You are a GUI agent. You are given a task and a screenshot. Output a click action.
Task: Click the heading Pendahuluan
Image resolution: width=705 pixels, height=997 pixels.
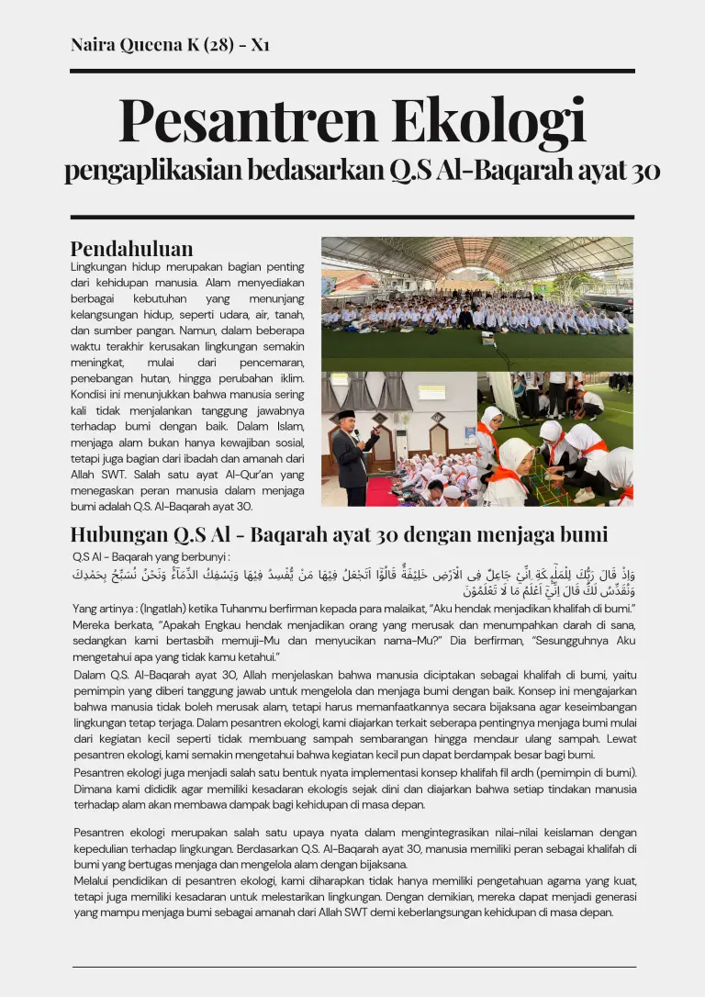(131, 249)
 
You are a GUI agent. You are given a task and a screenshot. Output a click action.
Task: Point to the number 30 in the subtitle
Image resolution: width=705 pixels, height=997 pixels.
(644, 172)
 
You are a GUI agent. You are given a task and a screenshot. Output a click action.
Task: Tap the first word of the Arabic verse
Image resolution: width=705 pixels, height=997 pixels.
(627, 576)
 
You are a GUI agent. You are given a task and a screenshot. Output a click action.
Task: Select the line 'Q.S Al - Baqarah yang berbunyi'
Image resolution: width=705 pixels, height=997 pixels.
(151, 556)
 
